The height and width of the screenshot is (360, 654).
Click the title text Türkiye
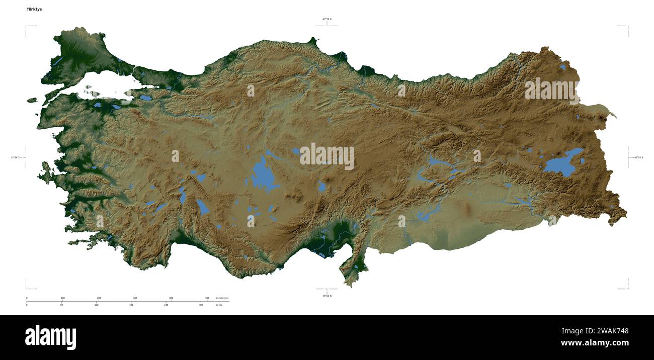pyautogui.click(x=34, y=9)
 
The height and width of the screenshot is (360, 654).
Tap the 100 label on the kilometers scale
pyautogui.click(x=63, y=298)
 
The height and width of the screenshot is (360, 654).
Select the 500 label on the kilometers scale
pyautogui.click(x=207, y=298)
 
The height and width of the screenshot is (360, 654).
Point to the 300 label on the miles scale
pyautogui.click(x=201, y=305)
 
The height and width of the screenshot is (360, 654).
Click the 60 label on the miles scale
pyautogui.click(x=61, y=305)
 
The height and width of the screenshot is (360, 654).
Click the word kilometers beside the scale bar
pyautogui.click(x=222, y=298)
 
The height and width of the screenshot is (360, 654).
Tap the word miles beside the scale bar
pyautogui.click(x=219, y=305)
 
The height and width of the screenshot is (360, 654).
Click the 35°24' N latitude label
pyautogui.click(x=327, y=296)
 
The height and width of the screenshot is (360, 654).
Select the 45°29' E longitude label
pyautogui.click(x=638, y=157)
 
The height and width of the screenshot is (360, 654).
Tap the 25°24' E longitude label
pyautogui.click(x=16, y=157)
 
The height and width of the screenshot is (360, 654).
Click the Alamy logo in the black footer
pyautogui.click(x=50, y=337)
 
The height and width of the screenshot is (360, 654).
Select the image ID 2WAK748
pyautogui.click(x=610, y=331)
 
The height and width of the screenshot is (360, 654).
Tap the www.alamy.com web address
pyautogui.click(x=595, y=343)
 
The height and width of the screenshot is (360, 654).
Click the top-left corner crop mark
pyautogui.click(x=26, y=26)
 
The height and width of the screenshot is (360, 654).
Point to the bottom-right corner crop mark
pyautogui.click(x=627, y=289)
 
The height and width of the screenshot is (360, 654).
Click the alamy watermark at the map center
pyautogui.click(x=327, y=156)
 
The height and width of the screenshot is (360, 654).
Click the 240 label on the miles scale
pyautogui.click(x=166, y=305)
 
